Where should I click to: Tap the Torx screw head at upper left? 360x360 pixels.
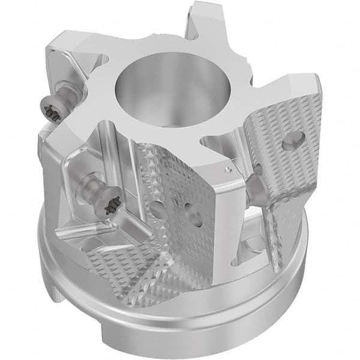coord(53,111)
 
